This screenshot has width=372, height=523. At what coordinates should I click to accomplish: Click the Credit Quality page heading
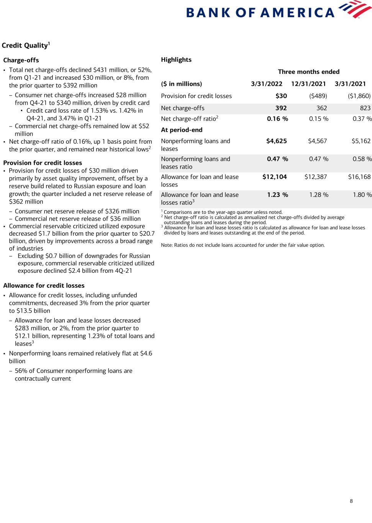pos(26,46)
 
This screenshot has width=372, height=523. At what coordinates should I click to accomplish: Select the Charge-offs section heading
pos(21,60)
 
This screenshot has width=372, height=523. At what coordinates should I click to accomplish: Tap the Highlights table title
pos(176,60)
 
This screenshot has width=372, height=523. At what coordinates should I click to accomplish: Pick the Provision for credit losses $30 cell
pos(281,96)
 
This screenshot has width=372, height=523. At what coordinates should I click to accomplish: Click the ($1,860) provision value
pos(359,96)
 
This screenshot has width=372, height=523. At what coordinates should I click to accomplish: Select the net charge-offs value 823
pos(365,108)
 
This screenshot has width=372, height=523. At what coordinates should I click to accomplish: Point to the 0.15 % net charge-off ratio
pos(318,119)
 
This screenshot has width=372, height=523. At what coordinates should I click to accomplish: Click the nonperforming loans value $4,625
pos(276,141)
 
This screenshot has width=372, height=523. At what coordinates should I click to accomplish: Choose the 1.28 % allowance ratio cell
pos(318,195)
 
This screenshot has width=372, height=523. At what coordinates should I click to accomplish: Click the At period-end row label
pos(182,130)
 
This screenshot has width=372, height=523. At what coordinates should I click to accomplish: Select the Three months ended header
pos(308,72)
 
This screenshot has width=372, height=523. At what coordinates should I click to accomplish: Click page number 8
pos(351,501)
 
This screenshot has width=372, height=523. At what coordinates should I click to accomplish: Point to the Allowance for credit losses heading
pos(44,286)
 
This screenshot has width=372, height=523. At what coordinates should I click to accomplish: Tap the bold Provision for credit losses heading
pos(43,163)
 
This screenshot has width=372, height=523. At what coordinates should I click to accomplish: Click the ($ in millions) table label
pos(181,84)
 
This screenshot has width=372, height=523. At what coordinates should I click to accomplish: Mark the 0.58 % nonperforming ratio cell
pos(362,159)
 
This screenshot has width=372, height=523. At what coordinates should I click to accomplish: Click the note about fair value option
pos(243,245)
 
